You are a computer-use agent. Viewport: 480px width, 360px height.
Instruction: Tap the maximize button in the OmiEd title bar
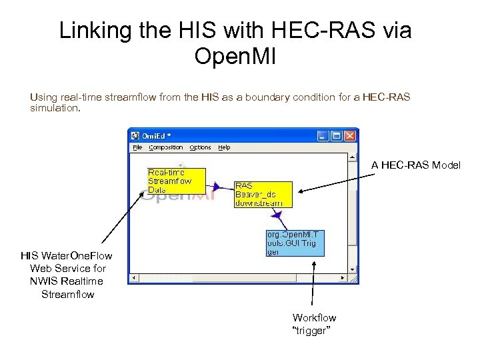337,136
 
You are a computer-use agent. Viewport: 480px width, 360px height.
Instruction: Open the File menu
137,147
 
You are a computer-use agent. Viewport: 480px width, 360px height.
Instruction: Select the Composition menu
166,147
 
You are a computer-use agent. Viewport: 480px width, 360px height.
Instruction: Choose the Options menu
200,147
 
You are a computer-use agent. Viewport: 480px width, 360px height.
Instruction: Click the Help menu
225,147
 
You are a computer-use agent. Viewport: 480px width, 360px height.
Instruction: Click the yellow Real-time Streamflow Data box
176,181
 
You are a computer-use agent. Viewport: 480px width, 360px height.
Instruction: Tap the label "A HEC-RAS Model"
416,165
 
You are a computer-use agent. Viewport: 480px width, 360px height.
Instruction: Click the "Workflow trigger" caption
313,324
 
